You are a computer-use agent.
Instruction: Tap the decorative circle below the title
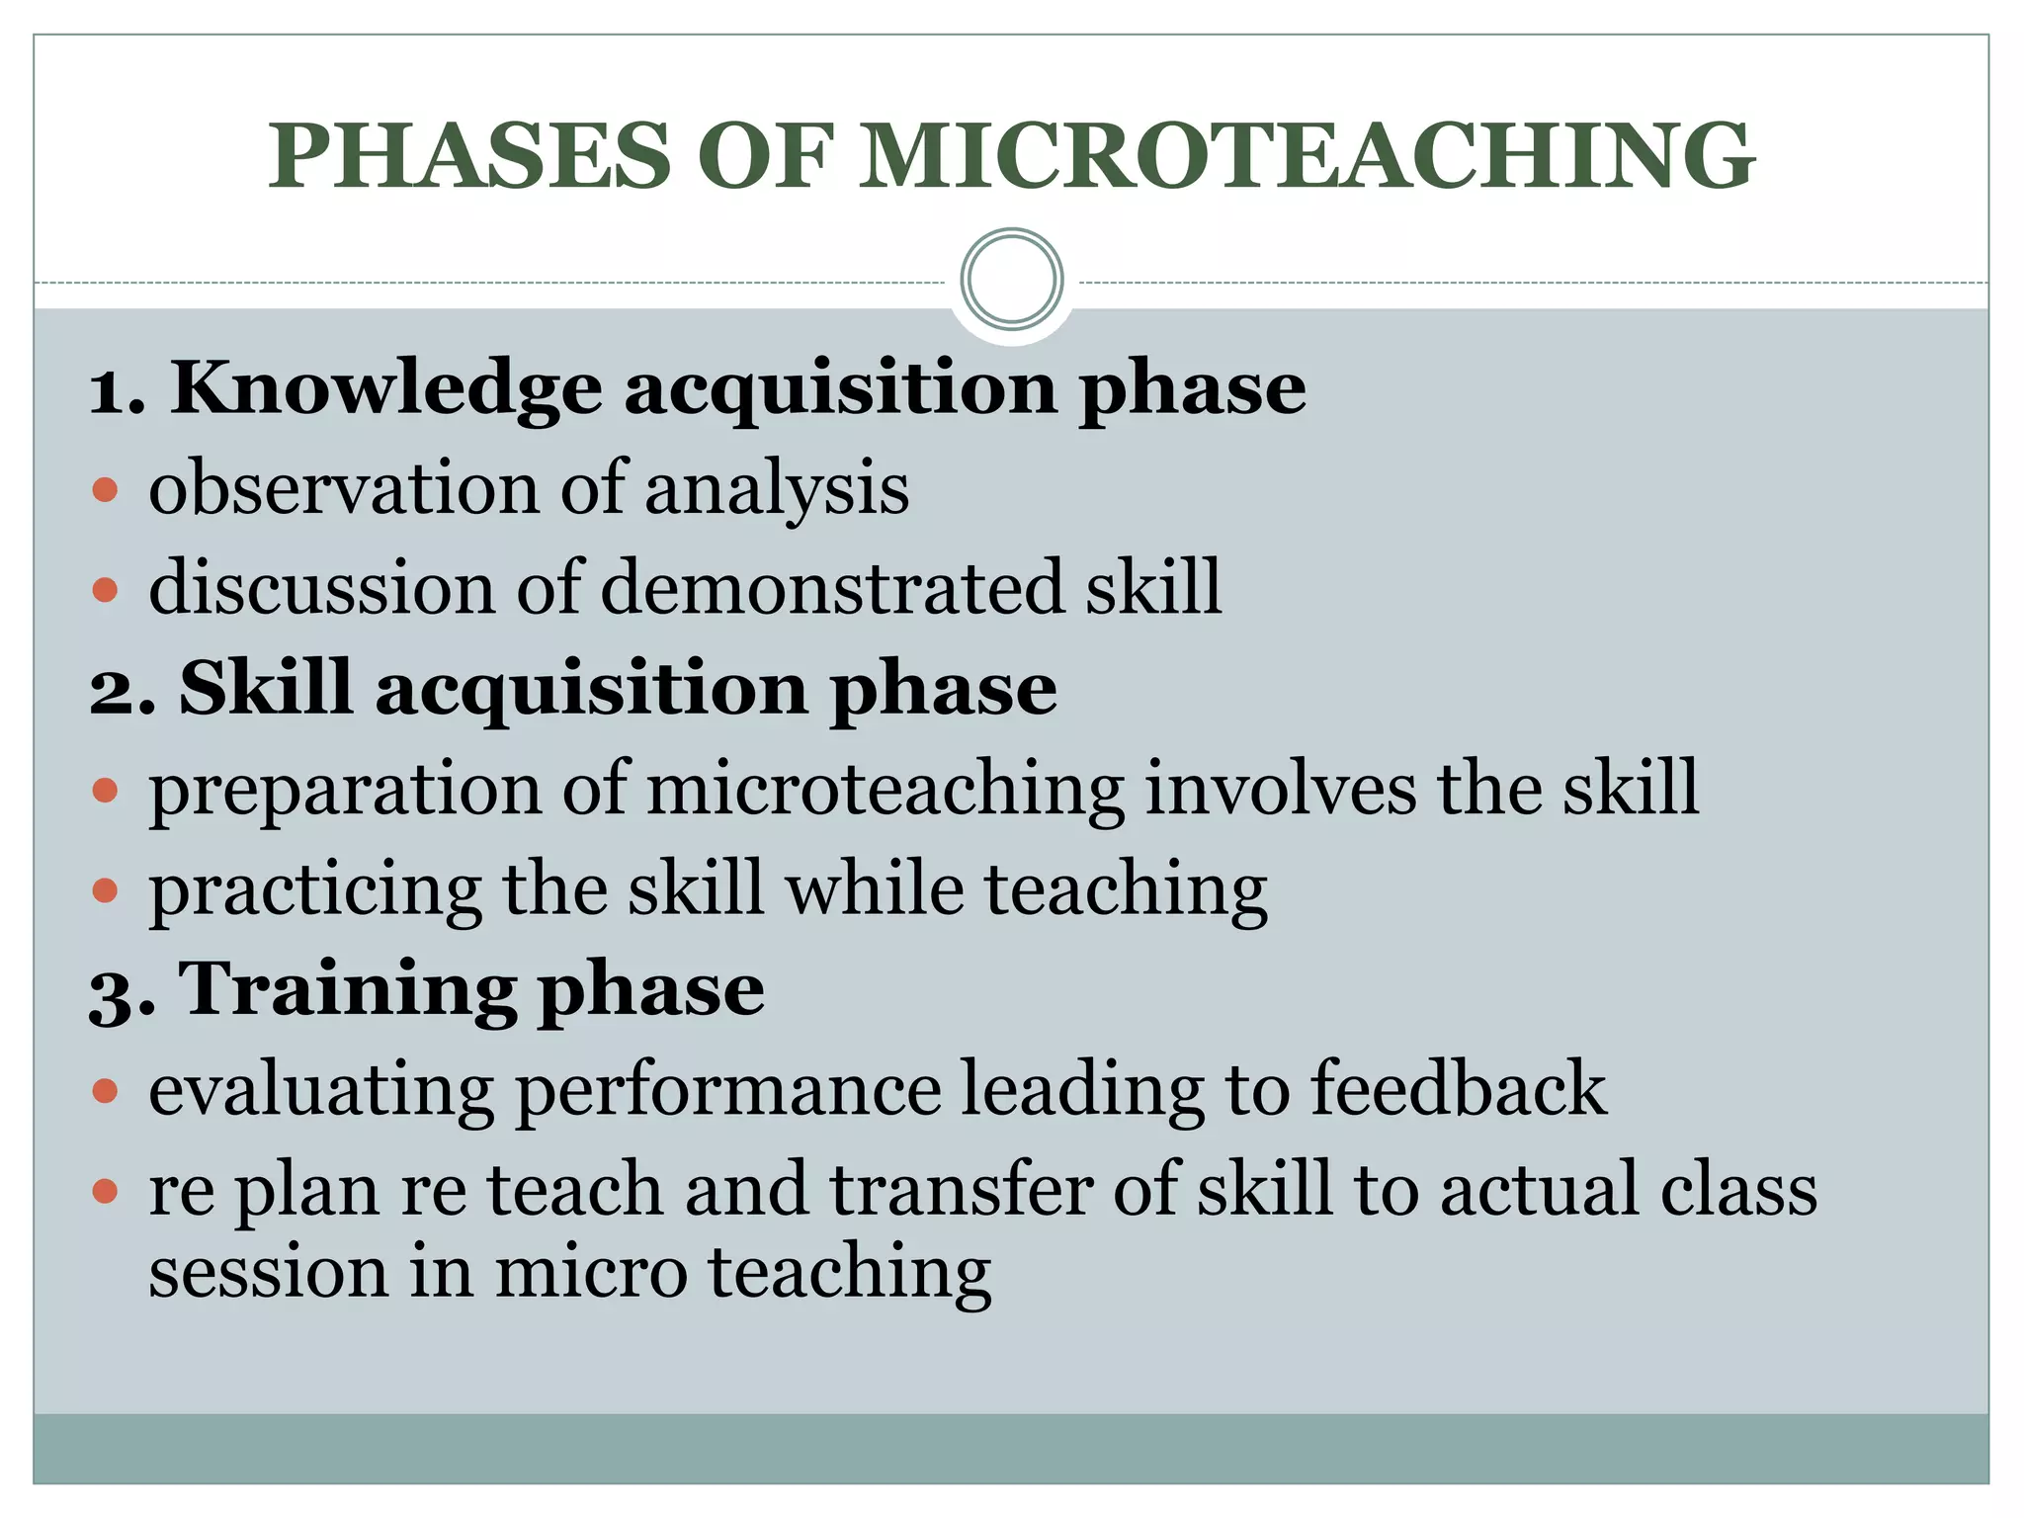(1012, 280)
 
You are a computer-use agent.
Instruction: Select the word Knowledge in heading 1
(386, 388)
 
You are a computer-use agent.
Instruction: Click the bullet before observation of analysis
(105, 489)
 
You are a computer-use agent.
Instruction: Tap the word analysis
(777, 489)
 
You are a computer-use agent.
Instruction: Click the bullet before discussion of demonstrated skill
(105, 590)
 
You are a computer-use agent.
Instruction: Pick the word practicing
(315, 890)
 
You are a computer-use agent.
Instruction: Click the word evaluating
(321, 1091)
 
